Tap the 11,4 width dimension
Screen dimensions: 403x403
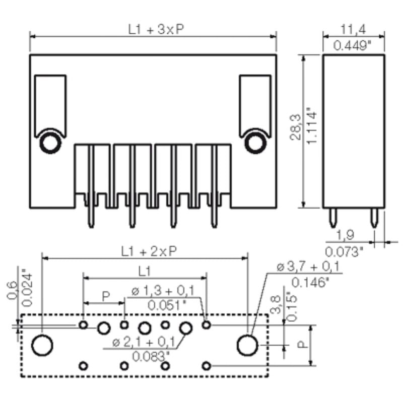click(x=353, y=29)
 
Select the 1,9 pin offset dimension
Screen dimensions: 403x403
click(x=344, y=234)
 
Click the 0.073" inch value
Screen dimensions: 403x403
click(x=344, y=250)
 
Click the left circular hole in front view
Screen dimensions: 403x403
click(x=49, y=144)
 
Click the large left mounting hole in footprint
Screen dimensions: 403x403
click(x=42, y=346)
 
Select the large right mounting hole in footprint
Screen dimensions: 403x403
click(x=247, y=346)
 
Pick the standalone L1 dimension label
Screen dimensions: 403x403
click(x=145, y=271)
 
